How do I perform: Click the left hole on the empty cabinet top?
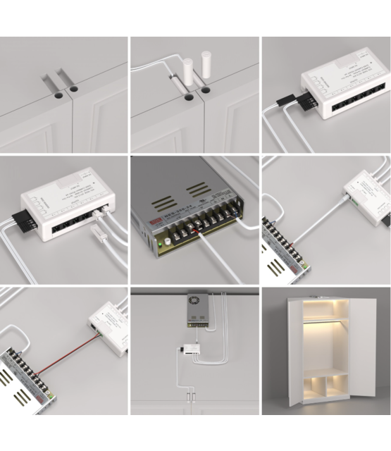pyautogui.click(x=56, y=92)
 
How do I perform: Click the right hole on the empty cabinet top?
pyautogui.click(x=72, y=91)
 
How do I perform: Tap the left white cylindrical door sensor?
pyautogui.click(x=188, y=72)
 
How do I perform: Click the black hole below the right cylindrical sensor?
pyautogui.click(x=206, y=90)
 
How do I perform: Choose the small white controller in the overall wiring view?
pyautogui.click(x=191, y=350)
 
